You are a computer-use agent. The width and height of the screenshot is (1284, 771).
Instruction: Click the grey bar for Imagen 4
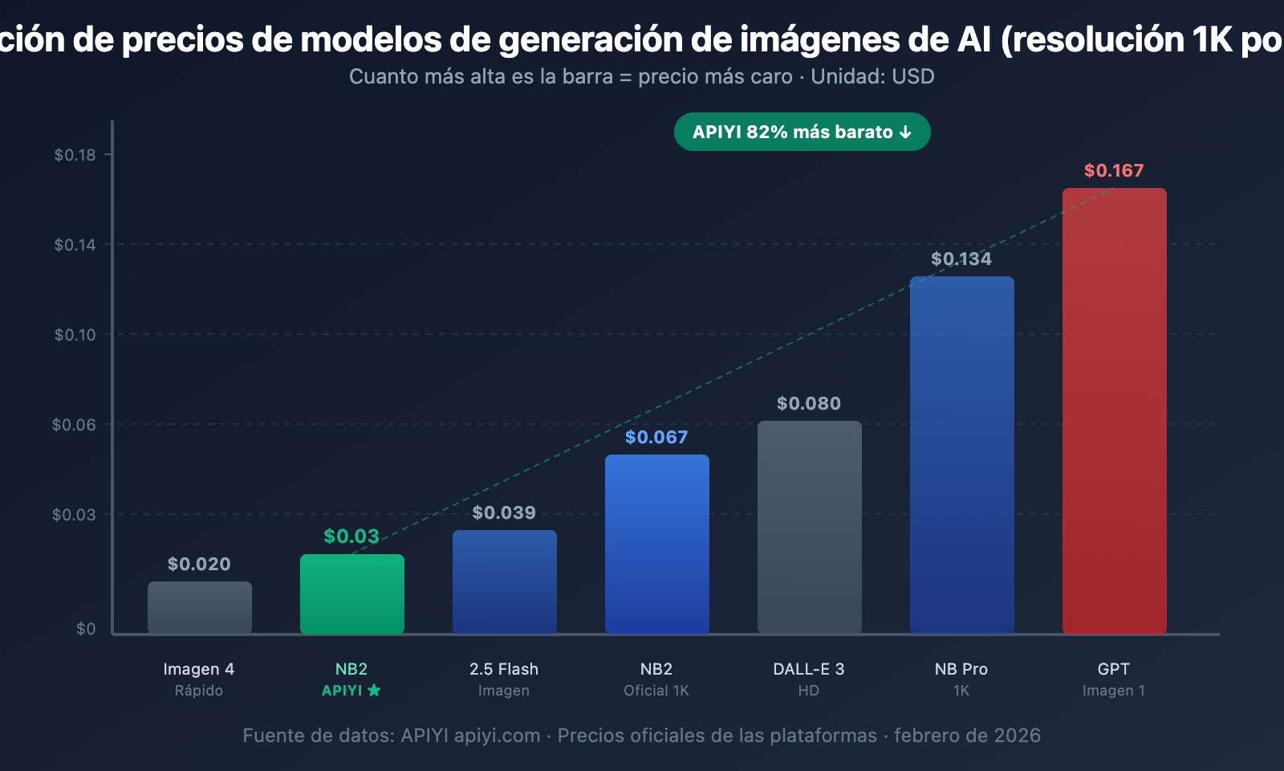coord(199,607)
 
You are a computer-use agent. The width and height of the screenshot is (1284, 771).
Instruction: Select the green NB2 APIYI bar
coord(351,594)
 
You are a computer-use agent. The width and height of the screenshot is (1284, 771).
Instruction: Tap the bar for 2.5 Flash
coord(504,581)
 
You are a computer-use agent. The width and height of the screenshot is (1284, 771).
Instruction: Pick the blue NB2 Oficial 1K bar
coord(656,544)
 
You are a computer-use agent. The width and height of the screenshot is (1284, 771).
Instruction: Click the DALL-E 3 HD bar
coord(809,527)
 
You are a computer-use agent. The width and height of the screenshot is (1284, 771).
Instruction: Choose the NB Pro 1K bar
coord(961,455)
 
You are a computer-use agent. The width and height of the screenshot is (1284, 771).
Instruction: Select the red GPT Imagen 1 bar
coord(1114,410)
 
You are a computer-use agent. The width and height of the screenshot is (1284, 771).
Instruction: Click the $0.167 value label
coord(1114,170)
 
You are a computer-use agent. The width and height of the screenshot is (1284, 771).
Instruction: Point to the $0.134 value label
coord(961,259)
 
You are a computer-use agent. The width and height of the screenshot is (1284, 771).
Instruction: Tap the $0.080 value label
coord(809,403)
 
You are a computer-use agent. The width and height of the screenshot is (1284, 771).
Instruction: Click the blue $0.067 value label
coord(656,437)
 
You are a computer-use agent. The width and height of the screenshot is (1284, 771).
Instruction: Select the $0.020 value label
coord(199,564)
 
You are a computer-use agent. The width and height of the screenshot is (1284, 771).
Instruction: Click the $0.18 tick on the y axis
coord(75,155)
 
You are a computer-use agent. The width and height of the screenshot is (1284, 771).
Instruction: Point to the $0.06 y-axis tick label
coord(74,425)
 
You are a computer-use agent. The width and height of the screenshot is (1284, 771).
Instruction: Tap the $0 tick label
coord(86,629)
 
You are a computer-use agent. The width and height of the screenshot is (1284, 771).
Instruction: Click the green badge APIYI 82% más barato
coord(802,132)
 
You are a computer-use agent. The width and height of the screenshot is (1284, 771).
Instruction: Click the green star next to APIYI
coord(374,691)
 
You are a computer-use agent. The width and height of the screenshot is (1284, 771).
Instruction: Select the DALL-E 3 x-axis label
coord(809,669)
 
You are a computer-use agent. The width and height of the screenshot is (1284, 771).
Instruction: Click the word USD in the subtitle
coord(913,76)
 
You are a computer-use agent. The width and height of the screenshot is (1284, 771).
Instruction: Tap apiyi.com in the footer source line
coord(498,736)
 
